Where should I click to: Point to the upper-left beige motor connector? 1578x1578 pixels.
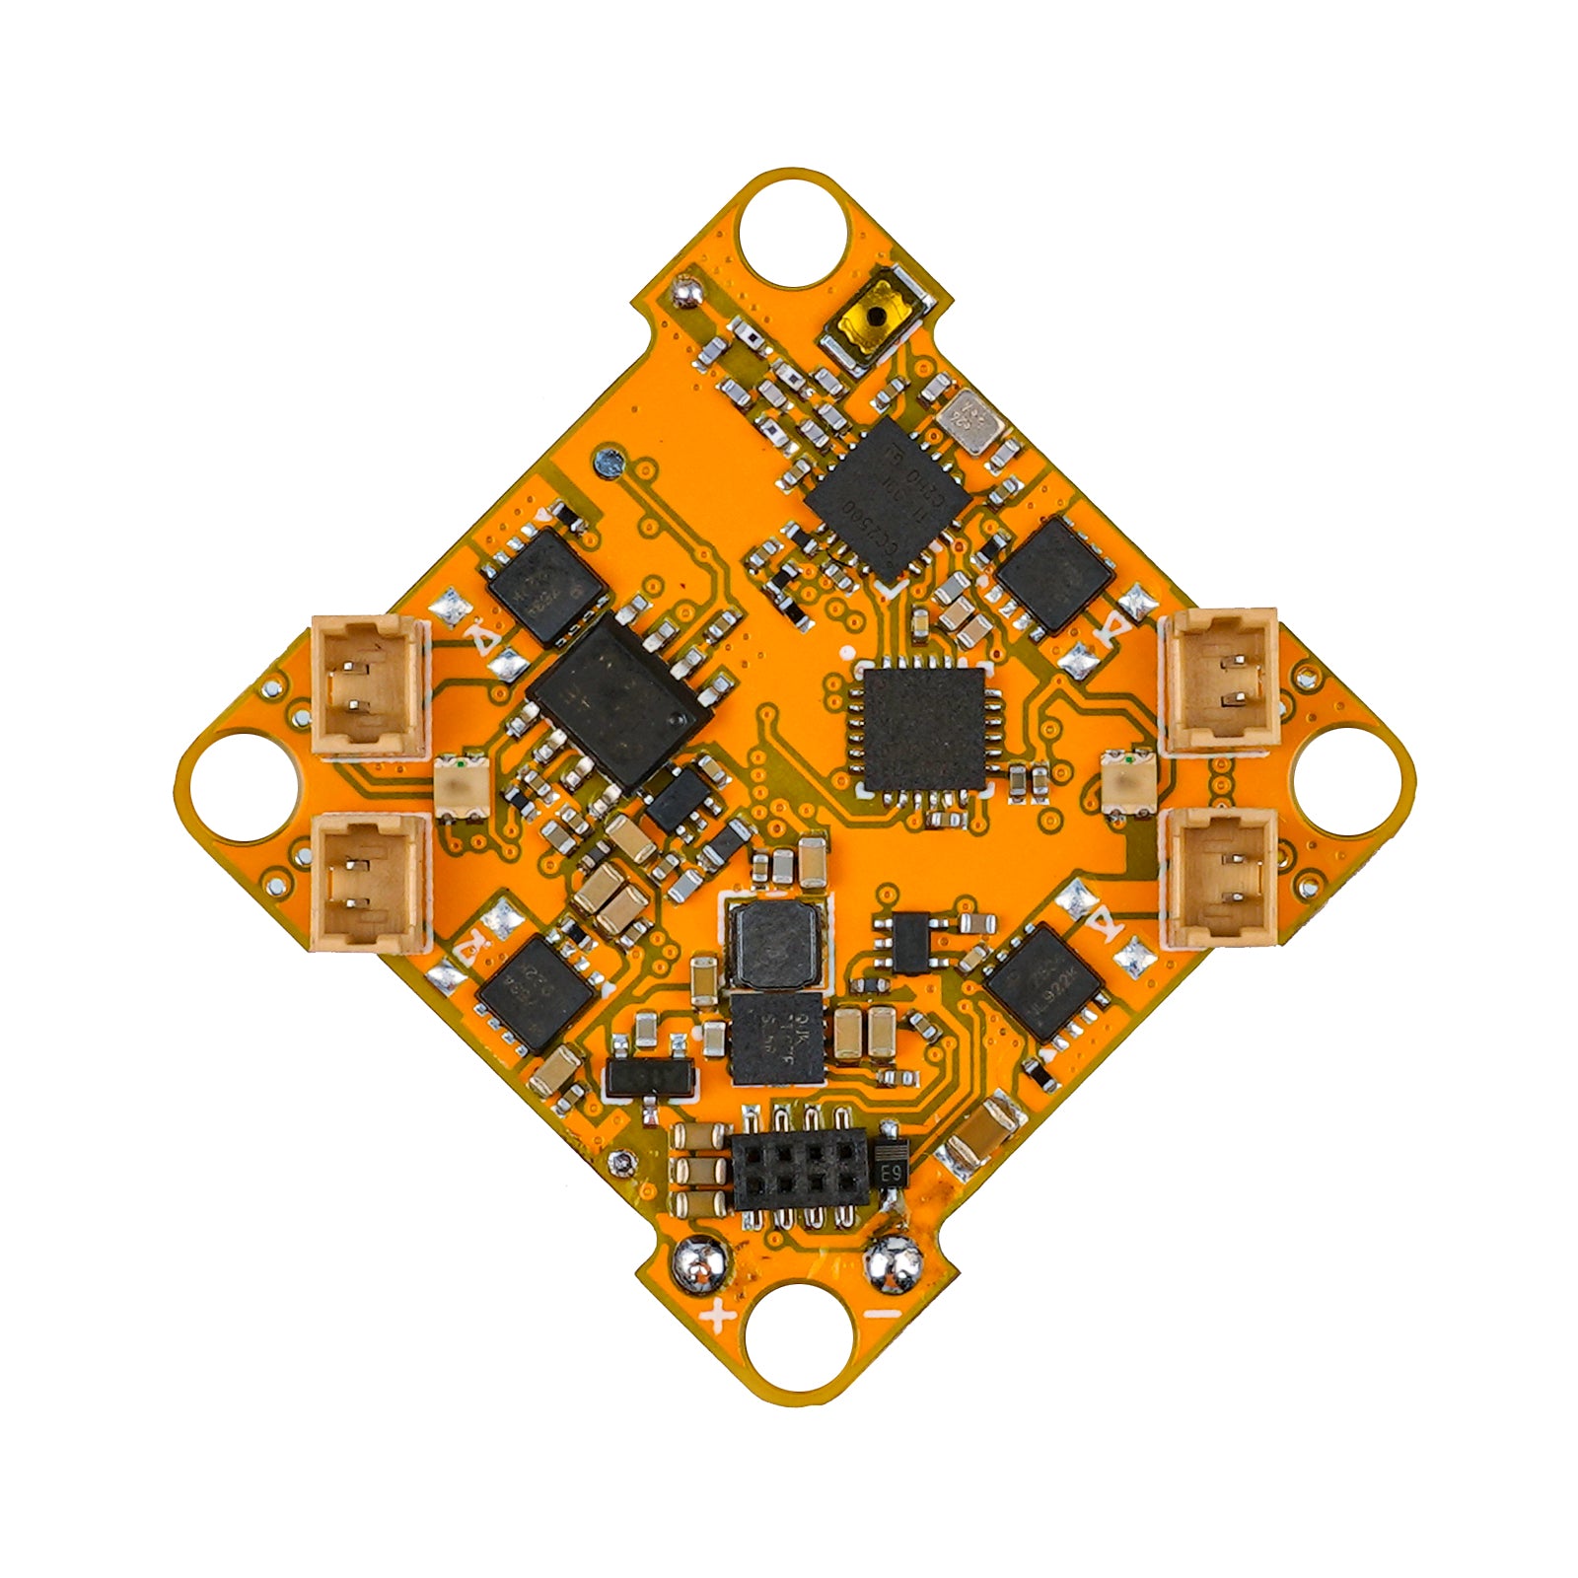point(370,685)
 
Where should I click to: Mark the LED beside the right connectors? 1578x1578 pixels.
point(1125,782)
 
